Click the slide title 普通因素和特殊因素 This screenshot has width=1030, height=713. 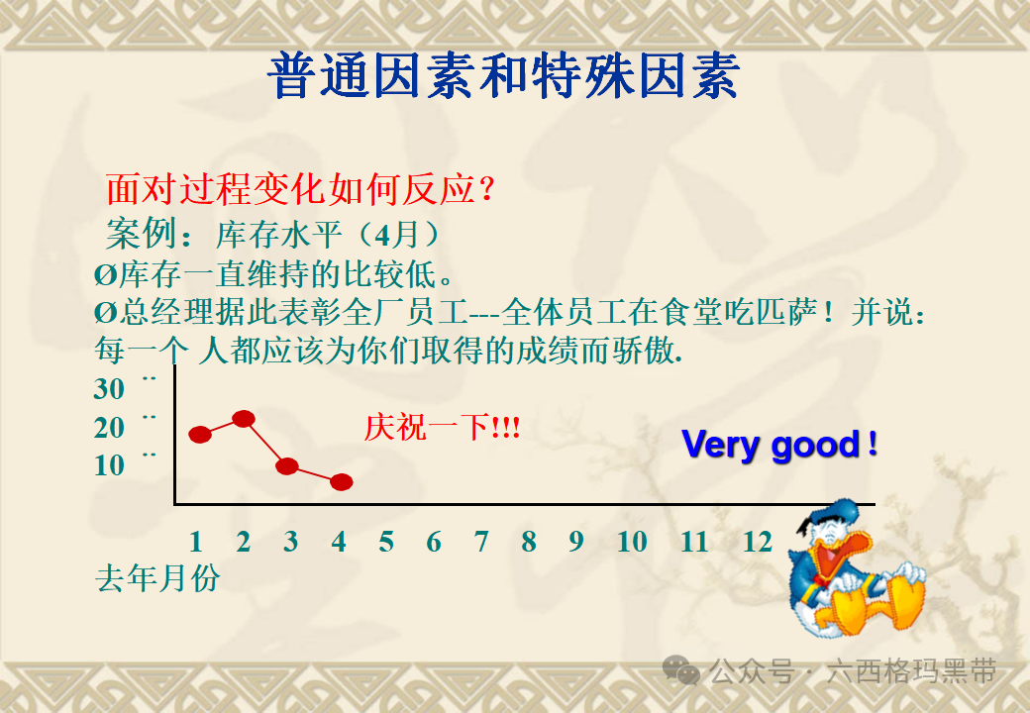(503, 77)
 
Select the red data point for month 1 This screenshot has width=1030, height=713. (200, 434)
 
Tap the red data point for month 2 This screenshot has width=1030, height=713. (244, 418)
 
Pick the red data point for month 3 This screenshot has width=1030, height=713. (288, 466)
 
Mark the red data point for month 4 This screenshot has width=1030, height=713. (341, 482)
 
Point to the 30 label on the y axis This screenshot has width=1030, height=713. (109, 389)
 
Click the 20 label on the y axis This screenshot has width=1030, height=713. (109, 428)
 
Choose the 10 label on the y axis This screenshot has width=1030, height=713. (109, 465)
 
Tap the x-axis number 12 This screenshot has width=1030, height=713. (758, 542)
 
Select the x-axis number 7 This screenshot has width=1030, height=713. (481, 542)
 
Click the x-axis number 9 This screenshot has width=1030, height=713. (576, 542)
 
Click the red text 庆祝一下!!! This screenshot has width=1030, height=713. (442, 428)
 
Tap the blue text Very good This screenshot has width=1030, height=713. (778, 445)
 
